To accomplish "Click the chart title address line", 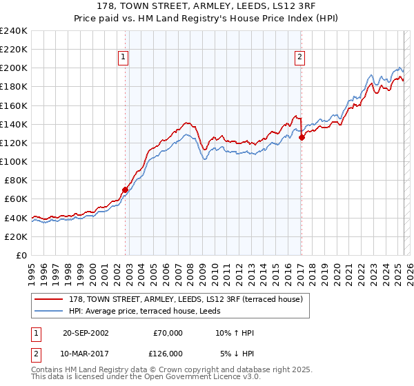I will coord(206,7).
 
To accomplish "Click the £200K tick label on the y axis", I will coord(14,68).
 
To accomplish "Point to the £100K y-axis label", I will coord(14,161).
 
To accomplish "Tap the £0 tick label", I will coord(21,255).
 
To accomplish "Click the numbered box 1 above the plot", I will coord(123,58).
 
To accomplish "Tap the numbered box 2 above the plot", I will coord(300,58).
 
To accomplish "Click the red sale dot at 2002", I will coord(125,190).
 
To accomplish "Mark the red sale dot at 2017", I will coord(302,137).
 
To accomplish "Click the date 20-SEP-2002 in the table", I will coord(85,333).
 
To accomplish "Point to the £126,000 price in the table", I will coord(168,354).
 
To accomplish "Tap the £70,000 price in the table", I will coord(168,333).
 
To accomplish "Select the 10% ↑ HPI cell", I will coord(235,333).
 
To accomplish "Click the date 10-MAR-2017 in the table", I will coord(85,354).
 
